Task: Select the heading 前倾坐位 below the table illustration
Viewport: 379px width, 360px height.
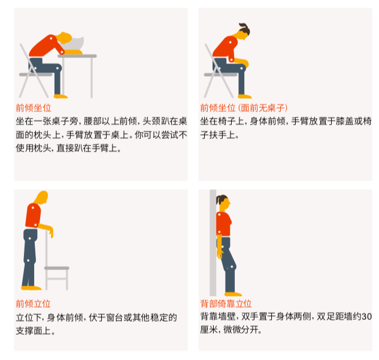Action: click(x=33, y=108)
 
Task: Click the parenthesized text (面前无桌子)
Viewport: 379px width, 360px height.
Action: click(x=263, y=108)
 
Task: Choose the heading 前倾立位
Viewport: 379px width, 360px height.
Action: click(x=33, y=304)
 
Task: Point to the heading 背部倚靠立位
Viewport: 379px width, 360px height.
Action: click(x=226, y=304)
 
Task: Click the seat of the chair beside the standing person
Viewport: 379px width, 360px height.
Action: click(x=57, y=268)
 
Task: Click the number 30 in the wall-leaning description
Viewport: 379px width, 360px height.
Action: click(x=367, y=317)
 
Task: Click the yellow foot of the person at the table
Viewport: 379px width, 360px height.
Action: click(x=60, y=96)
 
